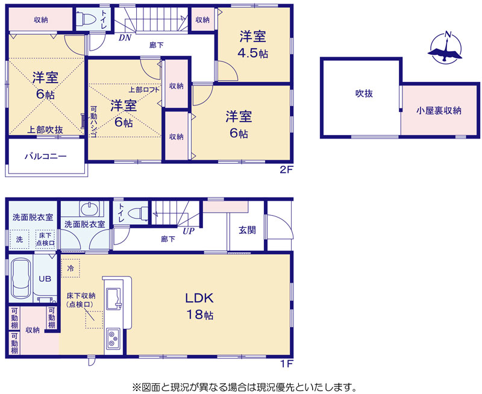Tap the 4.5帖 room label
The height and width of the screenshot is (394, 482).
[x=252, y=53]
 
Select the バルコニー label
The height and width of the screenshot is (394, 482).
[x=46, y=157]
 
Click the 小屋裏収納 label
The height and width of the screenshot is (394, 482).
[x=439, y=111]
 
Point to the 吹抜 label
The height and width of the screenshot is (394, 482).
[x=364, y=93]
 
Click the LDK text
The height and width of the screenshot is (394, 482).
[x=199, y=298]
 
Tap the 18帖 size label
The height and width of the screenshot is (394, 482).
[x=200, y=314]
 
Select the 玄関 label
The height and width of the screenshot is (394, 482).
[x=247, y=230]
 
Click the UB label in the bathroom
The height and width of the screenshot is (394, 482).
[x=45, y=279]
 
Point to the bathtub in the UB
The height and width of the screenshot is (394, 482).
[x=21, y=278]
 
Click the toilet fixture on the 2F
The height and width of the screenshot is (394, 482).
[x=84, y=19]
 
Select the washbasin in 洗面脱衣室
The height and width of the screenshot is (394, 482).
[x=89, y=209]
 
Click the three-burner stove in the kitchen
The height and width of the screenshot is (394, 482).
[x=113, y=339]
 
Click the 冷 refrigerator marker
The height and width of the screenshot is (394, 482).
[x=70, y=268]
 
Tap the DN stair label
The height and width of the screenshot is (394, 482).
[x=125, y=38]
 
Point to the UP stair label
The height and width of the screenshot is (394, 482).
[x=189, y=231]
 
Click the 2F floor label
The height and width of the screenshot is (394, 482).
[x=287, y=170]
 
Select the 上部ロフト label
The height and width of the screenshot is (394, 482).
[x=144, y=90]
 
